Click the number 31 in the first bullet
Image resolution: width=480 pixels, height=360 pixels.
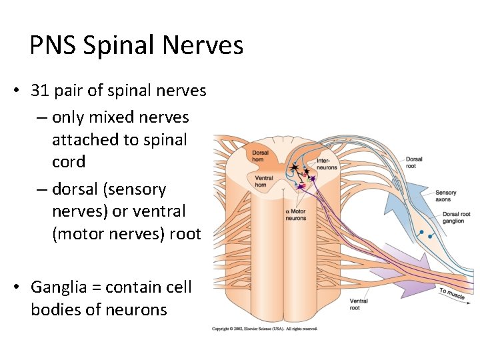pyautogui.click(x=40, y=90)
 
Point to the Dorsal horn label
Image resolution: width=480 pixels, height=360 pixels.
pyautogui.click(x=260, y=156)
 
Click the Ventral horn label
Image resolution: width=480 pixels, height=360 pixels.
pyautogui.click(x=263, y=181)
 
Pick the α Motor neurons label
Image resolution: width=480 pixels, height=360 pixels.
pyautogui.click(x=296, y=215)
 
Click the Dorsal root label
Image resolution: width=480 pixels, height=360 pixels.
pyautogui.click(x=413, y=162)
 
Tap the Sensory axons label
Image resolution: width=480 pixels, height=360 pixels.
pyautogui.click(x=443, y=195)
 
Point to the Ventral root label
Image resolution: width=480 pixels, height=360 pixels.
pyautogui.click(x=359, y=305)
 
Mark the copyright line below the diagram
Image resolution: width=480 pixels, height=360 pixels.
pyautogui.click(x=265, y=329)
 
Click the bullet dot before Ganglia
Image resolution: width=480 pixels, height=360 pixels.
pyautogui.click(x=15, y=288)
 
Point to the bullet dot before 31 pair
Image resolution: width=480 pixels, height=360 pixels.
pyautogui.click(x=15, y=91)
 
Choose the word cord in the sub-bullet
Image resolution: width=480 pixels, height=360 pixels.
pyautogui.click(x=69, y=162)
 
